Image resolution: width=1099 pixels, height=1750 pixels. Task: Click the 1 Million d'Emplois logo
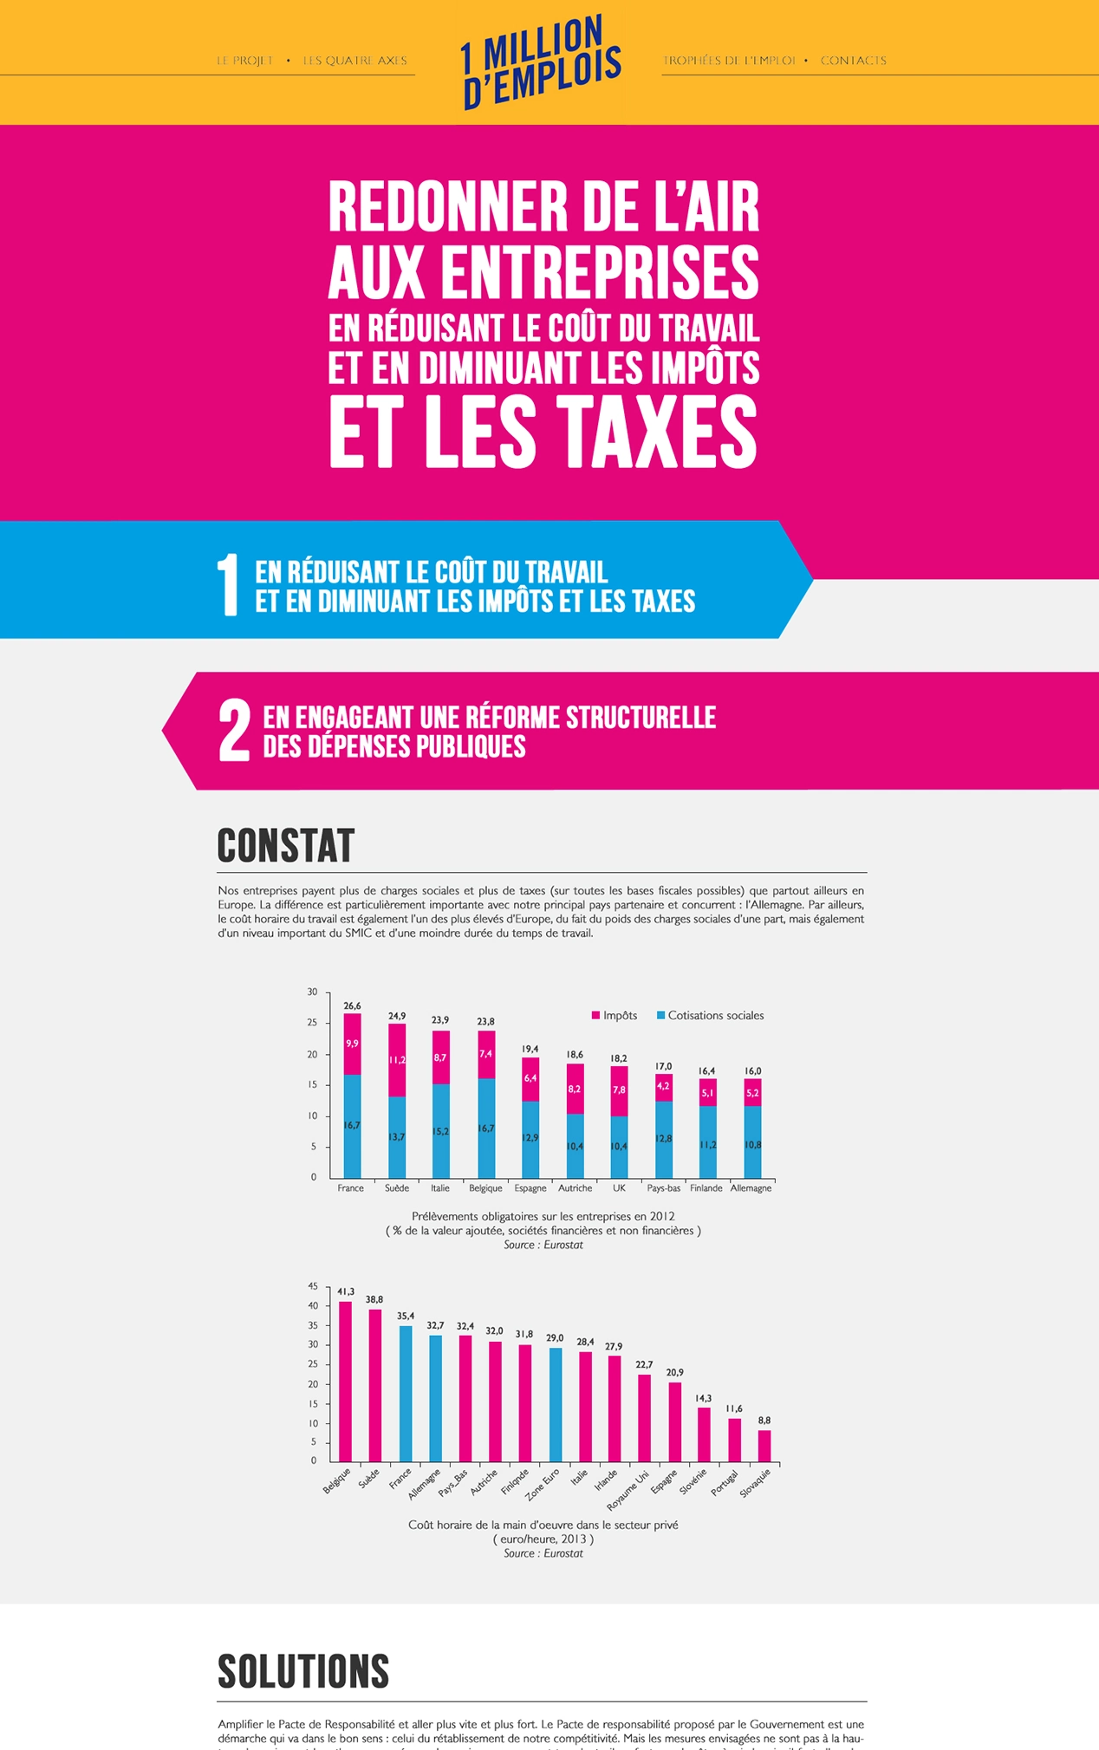(x=540, y=62)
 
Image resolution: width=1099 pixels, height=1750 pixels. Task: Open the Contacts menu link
(x=853, y=61)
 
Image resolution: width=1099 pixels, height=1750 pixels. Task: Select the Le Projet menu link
(x=244, y=61)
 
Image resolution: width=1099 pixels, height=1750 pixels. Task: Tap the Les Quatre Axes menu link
(x=354, y=61)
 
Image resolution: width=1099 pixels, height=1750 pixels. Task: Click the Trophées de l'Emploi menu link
(x=728, y=61)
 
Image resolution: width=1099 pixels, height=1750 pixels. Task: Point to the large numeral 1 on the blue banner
(x=227, y=585)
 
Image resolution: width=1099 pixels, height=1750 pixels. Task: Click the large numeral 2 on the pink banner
(x=234, y=731)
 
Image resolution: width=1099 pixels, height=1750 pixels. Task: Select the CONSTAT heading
(x=285, y=845)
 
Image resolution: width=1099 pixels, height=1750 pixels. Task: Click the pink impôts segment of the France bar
(x=352, y=1044)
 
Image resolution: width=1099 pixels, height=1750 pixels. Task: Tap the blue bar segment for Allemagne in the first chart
(x=752, y=1142)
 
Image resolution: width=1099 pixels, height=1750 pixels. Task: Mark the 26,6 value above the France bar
(x=352, y=1005)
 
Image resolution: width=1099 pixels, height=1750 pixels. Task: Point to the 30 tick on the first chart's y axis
(x=312, y=992)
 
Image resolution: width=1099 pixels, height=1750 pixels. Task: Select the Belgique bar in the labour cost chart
(x=345, y=1382)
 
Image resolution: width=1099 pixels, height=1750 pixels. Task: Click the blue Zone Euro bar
(x=556, y=1405)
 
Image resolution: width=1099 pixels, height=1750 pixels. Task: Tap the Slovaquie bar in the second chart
(x=764, y=1445)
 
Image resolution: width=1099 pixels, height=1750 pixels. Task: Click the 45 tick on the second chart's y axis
(x=313, y=1286)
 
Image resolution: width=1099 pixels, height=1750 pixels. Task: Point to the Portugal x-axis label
(x=725, y=1482)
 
